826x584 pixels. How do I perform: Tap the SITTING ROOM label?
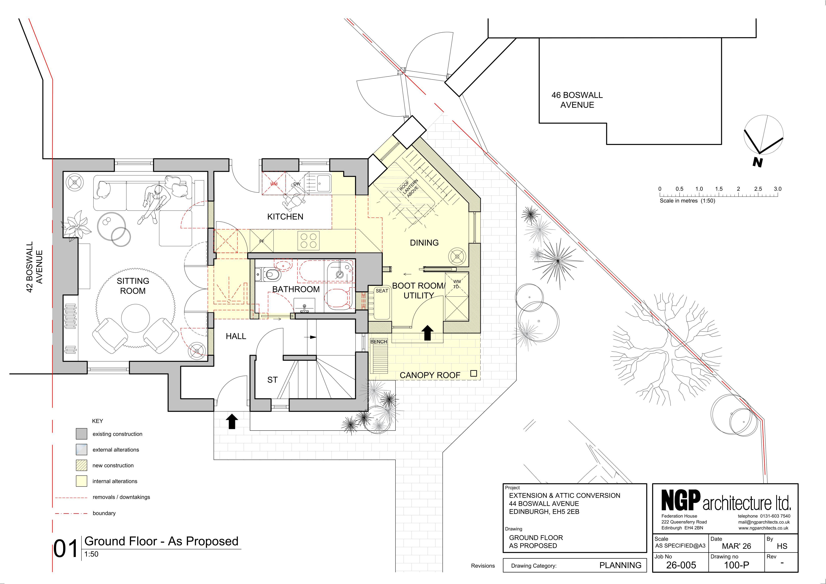(x=133, y=286)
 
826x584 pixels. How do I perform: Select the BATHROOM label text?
(x=296, y=289)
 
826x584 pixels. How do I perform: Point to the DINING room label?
(x=424, y=243)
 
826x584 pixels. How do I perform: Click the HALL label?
(x=236, y=336)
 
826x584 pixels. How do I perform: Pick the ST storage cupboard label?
(x=272, y=380)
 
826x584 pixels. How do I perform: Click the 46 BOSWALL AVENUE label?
(x=577, y=100)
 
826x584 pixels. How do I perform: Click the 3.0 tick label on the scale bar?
(x=777, y=189)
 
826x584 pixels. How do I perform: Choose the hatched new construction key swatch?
(x=82, y=465)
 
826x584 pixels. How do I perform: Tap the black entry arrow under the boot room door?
(x=427, y=333)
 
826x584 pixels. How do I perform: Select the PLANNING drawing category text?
(x=620, y=565)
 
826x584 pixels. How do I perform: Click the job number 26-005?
(x=681, y=565)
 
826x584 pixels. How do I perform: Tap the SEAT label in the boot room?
(x=382, y=291)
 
